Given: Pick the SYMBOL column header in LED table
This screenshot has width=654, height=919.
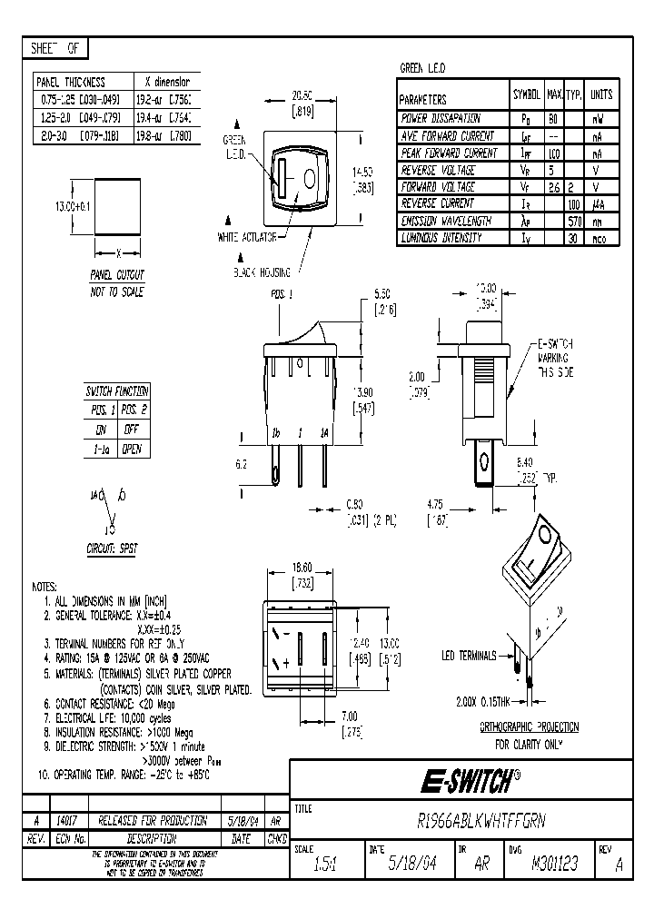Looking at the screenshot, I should (526, 94).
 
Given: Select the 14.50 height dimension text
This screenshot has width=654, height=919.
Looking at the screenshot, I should (363, 171).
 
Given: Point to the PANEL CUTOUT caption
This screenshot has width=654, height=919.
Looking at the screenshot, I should (117, 273).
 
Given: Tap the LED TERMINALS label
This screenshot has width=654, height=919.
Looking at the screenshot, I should (469, 656).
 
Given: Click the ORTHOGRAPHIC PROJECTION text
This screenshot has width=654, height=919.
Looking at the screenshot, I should (528, 727).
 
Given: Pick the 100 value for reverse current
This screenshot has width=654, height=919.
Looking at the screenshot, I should (575, 204).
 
